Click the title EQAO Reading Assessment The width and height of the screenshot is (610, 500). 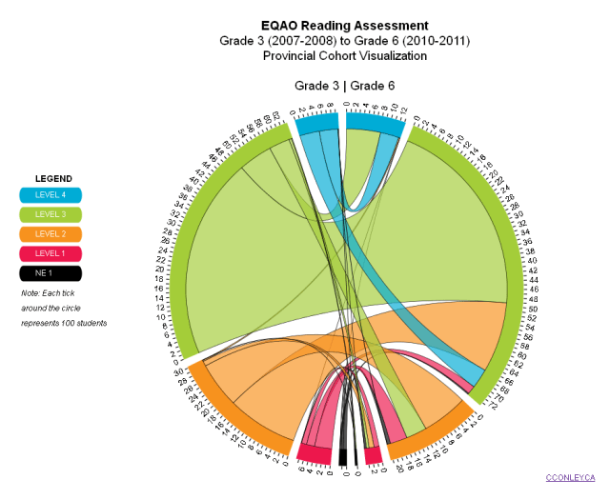tap(344, 25)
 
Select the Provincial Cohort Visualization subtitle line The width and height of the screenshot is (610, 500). tap(344, 56)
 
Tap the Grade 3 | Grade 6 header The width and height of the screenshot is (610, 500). tap(344, 86)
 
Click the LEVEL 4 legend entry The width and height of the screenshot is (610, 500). tap(51, 195)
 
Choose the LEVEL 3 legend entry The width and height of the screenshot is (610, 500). tap(51, 214)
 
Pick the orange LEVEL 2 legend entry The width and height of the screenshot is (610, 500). tap(51, 234)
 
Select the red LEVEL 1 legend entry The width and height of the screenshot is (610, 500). tap(51, 253)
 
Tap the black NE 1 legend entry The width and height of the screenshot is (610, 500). tap(51, 273)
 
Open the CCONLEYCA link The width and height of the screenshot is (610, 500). tap(569, 476)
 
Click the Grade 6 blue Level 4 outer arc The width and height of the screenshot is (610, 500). tap(373, 121)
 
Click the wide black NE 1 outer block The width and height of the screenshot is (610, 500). tap(343, 456)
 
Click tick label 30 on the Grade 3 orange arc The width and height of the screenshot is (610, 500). tap(181, 372)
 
